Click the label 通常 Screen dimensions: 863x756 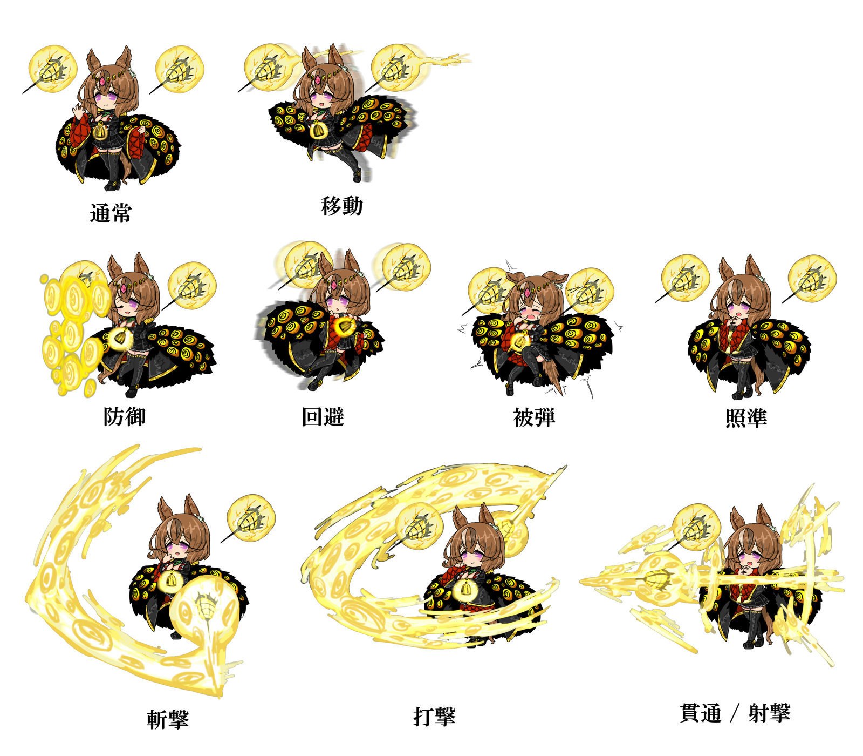[111, 213]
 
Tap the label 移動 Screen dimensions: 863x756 [342, 206]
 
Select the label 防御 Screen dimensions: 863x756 [125, 416]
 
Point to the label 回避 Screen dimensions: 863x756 [323, 417]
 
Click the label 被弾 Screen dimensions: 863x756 [534, 417]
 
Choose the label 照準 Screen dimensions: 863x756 [746, 417]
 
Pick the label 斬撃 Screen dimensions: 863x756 [168, 719]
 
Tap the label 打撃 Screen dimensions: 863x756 [434, 717]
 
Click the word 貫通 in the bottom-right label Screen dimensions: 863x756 [701, 713]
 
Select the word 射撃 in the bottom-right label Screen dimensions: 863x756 [769, 713]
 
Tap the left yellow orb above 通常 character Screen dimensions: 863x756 [53, 69]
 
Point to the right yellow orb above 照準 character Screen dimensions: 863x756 [812, 279]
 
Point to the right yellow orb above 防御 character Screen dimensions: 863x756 [193, 285]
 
